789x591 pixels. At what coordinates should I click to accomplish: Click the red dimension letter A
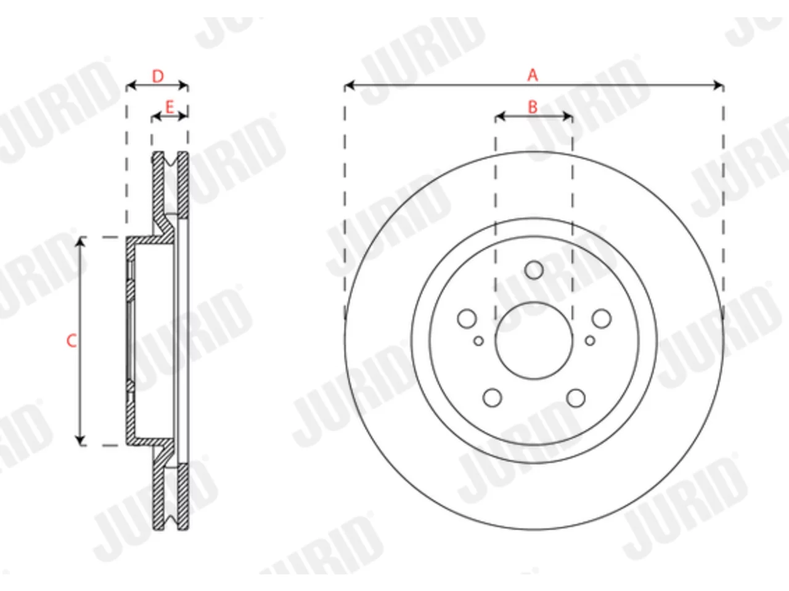coord(533,75)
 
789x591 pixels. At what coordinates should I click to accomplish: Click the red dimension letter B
coord(533,107)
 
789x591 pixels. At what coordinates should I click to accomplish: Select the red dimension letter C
coord(72,340)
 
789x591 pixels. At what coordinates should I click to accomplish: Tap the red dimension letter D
coord(158,76)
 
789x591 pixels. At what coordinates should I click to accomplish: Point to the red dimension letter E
coord(170,107)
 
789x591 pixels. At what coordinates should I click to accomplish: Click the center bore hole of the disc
coord(534,340)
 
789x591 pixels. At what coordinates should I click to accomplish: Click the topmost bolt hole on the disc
coord(534,270)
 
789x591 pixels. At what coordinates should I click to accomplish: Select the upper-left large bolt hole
coord(467,318)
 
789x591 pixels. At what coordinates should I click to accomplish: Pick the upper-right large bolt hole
coord(602,318)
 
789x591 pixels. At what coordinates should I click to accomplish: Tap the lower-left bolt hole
coord(492,398)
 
